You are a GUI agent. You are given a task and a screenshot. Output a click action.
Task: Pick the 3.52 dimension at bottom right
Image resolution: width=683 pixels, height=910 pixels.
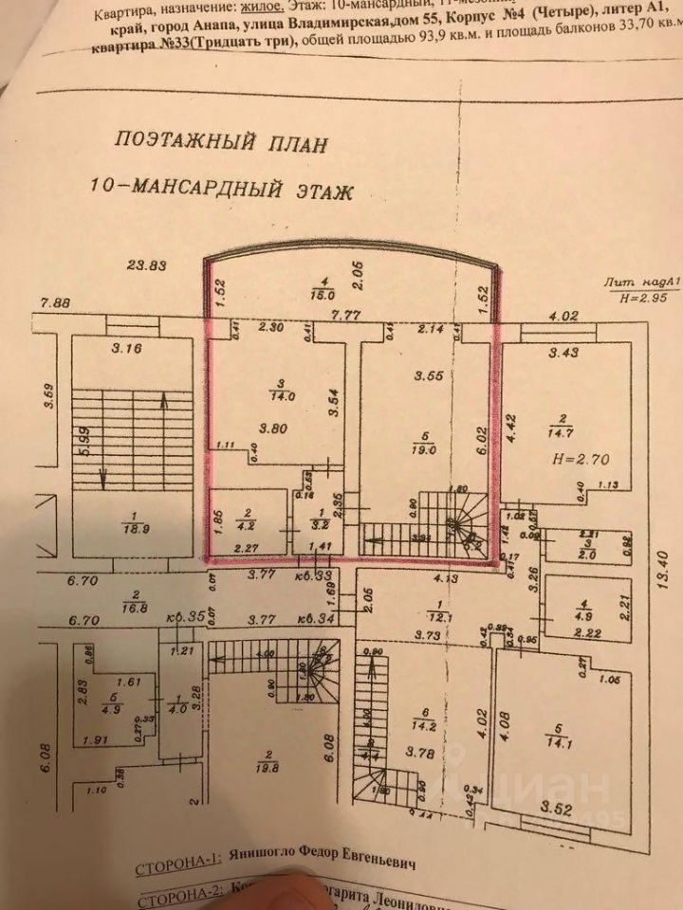[x=564, y=809]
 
